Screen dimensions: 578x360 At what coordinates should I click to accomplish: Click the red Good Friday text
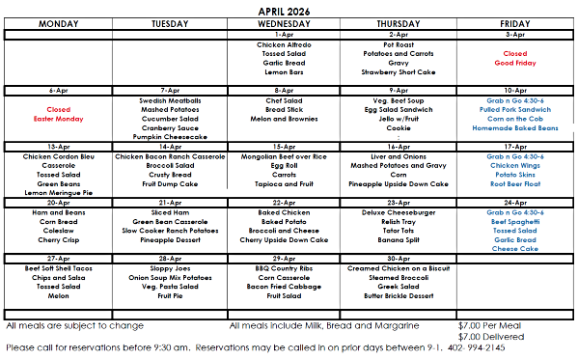click(x=514, y=63)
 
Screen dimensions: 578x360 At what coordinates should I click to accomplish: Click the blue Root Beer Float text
click(x=514, y=183)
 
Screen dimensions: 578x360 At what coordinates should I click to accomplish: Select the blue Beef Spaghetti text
click(x=514, y=221)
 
